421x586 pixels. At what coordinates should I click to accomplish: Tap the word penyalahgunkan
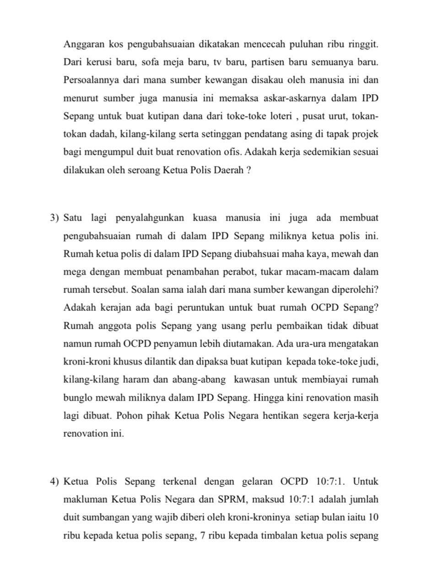coord(149,217)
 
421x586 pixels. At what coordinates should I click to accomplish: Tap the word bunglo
coord(76,397)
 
